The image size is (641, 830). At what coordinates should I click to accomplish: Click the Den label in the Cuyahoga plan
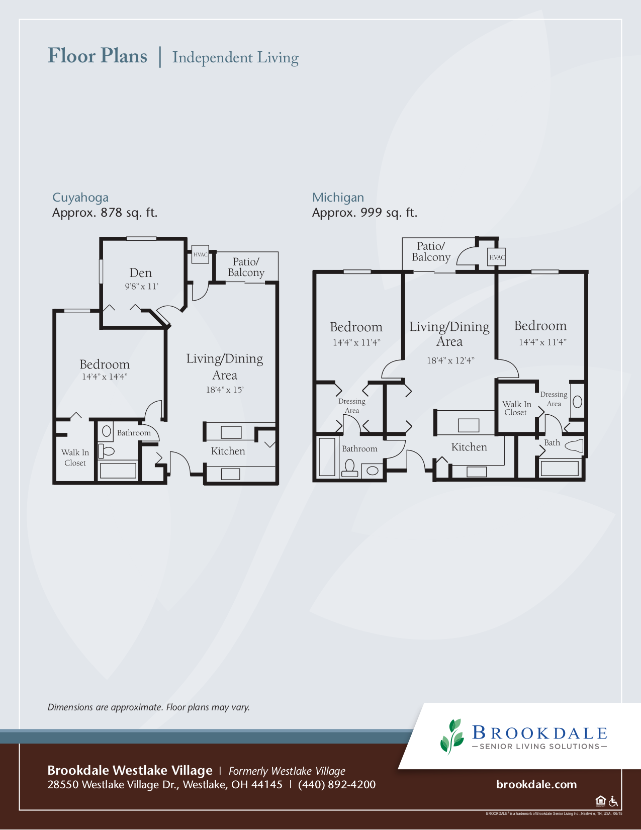(140, 273)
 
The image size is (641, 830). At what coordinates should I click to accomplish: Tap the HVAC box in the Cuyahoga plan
(200, 255)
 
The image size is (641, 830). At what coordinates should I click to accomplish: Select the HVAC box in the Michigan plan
(497, 257)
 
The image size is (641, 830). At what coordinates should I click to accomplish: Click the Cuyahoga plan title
(80, 198)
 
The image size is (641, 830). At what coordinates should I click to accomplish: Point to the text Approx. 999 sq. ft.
(364, 213)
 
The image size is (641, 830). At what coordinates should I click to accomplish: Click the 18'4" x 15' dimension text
(225, 390)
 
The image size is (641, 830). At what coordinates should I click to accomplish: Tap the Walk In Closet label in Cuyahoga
(75, 457)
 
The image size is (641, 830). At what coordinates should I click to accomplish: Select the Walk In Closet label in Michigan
(516, 408)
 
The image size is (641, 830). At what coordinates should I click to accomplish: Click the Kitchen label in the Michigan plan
(469, 447)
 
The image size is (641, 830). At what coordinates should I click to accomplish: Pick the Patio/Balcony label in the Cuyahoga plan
(246, 267)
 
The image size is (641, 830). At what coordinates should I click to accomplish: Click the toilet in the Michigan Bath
(574, 445)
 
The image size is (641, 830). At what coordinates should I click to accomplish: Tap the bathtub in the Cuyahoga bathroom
(118, 471)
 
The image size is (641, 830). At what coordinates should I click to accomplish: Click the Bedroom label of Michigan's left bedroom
(356, 327)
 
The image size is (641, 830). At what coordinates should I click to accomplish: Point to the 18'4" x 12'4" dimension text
(450, 360)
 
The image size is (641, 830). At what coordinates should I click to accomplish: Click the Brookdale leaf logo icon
(452, 736)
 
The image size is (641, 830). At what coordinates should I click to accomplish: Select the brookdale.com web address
(536, 784)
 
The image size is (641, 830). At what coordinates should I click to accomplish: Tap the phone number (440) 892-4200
(337, 785)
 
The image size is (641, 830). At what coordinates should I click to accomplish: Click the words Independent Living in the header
(235, 57)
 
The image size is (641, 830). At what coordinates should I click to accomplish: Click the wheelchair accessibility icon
(613, 801)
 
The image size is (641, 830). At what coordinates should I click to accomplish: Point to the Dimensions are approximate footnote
(149, 707)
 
